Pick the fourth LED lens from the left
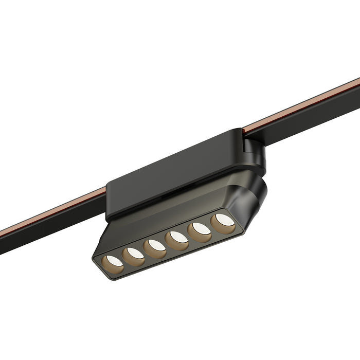click(x=177, y=238)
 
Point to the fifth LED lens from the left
click(x=201, y=229)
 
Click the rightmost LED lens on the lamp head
click(x=224, y=221)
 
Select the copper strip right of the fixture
click(x=303, y=103)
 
